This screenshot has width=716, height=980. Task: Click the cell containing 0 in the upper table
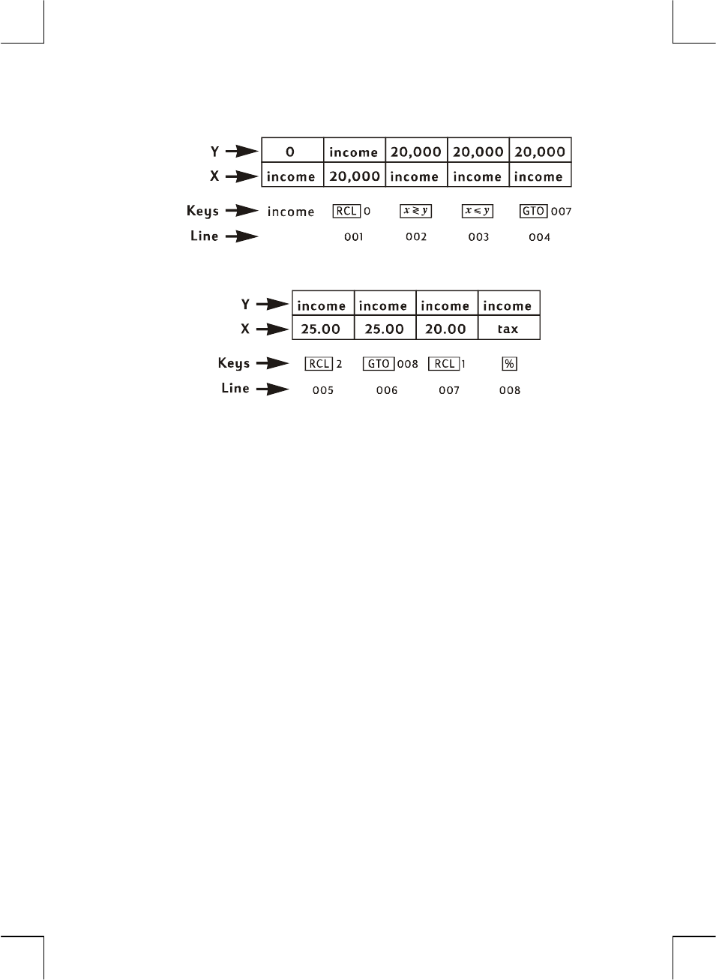(x=291, y=151)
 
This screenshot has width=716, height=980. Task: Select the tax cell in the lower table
(x=508, y=329)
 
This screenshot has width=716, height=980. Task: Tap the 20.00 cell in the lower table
(x=446, y=329)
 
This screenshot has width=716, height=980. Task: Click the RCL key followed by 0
(x=346, y=211)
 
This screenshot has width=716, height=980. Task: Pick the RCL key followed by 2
(x=319, y=364)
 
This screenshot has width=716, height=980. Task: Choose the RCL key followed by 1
(x=444, y=364)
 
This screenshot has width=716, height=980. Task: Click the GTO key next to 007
(x=534, y=211)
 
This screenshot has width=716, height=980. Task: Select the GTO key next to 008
(x=378, y=364)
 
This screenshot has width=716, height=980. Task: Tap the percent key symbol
(x=510, y=364)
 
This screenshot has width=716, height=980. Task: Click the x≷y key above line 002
(x=416, y=211)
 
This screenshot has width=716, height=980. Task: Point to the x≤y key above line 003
(x=478, y=211)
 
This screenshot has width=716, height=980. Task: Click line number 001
(x=354, y=237)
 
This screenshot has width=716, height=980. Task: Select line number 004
(x=540, y=237)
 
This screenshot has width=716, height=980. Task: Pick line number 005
(x=323, y=390)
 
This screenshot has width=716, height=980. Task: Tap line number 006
(x=387, y=390)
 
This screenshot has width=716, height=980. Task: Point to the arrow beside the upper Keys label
(x=242, y=211)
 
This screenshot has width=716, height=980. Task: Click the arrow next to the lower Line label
(x=273, y=389)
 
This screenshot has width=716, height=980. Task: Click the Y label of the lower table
(x=245, y=304)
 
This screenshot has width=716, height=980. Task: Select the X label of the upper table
(x=214, y=176)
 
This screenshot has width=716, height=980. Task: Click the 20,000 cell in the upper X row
(x=355, y=176)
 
